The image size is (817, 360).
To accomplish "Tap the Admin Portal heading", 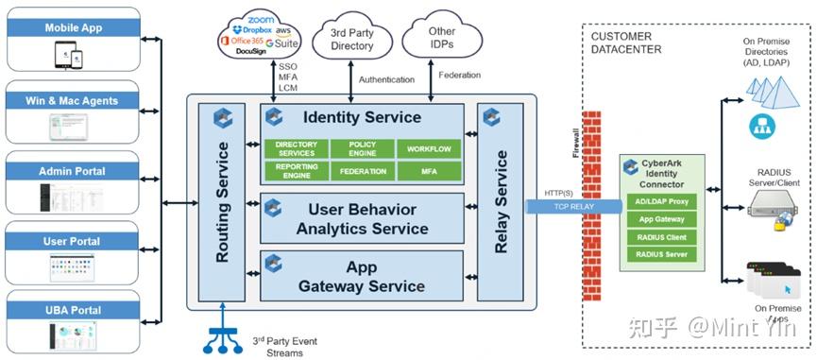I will pyautogui.click(x=74, y=171).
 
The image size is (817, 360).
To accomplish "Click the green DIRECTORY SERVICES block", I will pyautogui.click(x=296, y=149).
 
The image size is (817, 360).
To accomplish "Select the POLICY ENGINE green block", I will pyautogui.click(x=362, y=149).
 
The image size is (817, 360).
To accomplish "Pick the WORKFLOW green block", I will pyautogui.click(x=429, y=149).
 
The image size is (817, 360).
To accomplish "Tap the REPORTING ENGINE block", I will pyautogui.click(x=296, y=171).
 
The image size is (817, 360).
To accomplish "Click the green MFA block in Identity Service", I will pyautogui.click(x=429, y=171).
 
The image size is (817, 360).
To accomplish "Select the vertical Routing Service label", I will pyautogui.click(x=223, y=202).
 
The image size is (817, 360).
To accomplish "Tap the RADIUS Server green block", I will pyautogui.click(x=661, y=253).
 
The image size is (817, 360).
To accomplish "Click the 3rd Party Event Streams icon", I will pyautogui.click(x=220, y=334).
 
